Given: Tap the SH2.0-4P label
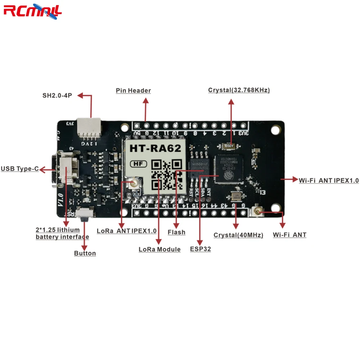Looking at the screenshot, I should (58, 96).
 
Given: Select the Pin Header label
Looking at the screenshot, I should (133, 91).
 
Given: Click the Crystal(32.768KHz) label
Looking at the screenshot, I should (239, 90).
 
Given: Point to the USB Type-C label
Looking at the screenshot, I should (20, 168).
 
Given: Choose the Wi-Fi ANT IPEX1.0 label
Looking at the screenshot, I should (329, 180).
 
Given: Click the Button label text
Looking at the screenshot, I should (85, 253).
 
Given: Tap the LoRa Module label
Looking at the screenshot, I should (159, 249).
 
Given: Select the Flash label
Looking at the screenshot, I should (176, 233).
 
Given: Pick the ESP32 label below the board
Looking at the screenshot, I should (201, 249).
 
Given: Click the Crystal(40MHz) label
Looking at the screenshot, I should (238, 235).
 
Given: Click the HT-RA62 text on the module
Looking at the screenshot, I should (156, 148).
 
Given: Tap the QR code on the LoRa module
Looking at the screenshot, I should (166, 175).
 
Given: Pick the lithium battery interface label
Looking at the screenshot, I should (62, 233).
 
